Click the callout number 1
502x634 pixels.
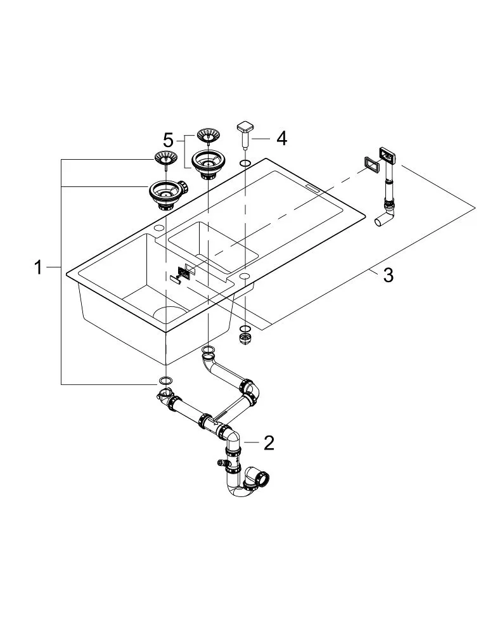click(x=39, y=268)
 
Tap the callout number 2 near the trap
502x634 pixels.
click(x=269, y=442)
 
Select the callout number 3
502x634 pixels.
click(x=387, y=275)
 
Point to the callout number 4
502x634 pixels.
click(x=281, y=138)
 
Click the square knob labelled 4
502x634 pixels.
click(x=245, y=129)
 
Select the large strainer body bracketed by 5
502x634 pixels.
click(x=206, y=163)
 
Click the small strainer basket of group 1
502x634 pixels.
click(x=165, y=158)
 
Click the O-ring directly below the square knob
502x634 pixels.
click(x=245, y=165)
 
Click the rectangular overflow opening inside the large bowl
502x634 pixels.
click(x=184, y=271)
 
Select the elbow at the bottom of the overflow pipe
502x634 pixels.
click(x=383, y=219)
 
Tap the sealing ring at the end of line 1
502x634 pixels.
click(x=164, y=381)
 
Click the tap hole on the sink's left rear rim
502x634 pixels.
click(x=158, y=228)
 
